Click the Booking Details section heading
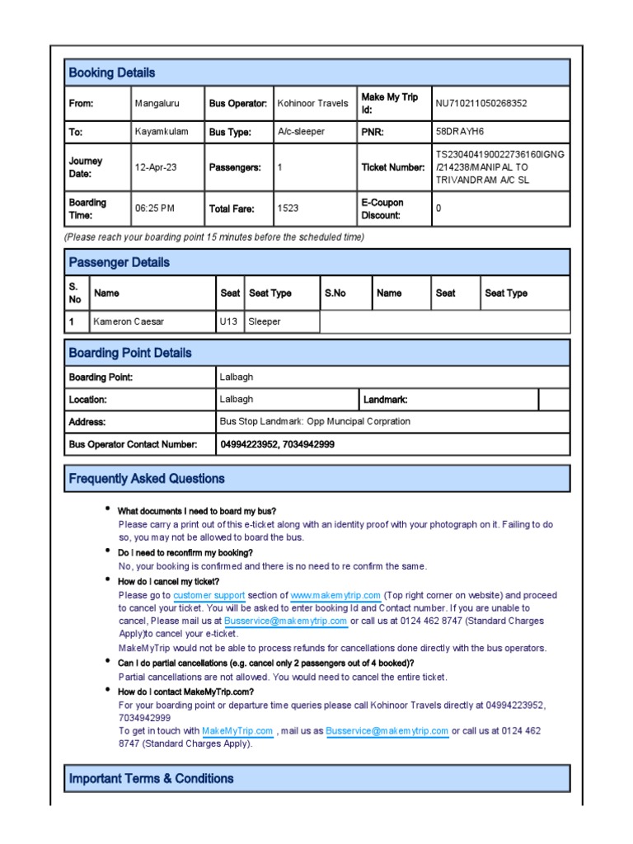point(111,73)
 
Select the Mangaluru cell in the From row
point(157,104)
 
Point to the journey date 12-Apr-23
point(156,167)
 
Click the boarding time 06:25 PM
point(154,209)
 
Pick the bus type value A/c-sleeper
point(301,132)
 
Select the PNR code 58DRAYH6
point(462,132)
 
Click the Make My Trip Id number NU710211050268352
point(481,104)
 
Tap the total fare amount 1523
point(288,209)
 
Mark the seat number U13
point(228,321)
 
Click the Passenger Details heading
point(119,262)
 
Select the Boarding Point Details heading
point(129,353)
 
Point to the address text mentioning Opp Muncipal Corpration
point(314,422)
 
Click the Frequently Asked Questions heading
point(146,478)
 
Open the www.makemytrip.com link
point(335,595)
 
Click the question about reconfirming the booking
point(185,552)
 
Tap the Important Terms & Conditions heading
point(151,778)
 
